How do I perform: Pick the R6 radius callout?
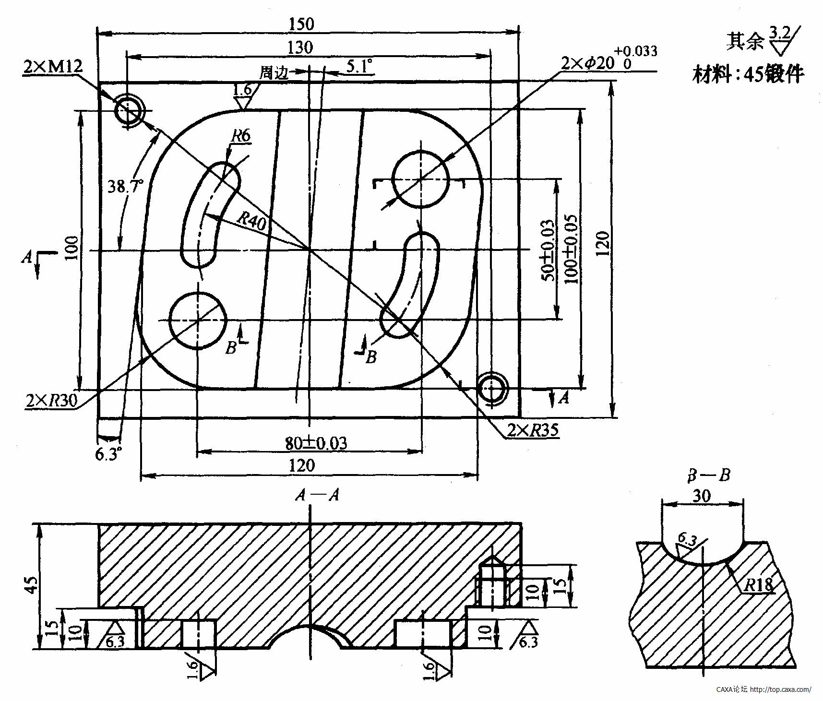(240, 136)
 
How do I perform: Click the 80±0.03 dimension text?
(316, 443)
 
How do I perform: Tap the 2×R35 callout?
(533, 431)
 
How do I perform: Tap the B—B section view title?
(709, 475)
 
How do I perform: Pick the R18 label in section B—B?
(759, 584)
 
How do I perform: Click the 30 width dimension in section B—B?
(702, 496)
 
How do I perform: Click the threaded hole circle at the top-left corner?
(129, 110)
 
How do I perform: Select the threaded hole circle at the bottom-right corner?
(492, 388)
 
